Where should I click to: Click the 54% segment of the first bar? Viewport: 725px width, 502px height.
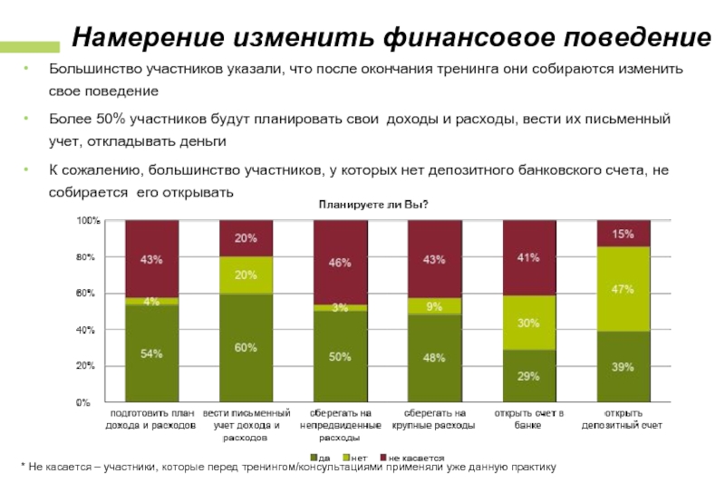(151, 353)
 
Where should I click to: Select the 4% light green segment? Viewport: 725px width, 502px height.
(151, 301)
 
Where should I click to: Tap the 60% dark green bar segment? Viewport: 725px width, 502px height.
(246, 348)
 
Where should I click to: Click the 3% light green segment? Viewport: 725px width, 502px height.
(340, 308)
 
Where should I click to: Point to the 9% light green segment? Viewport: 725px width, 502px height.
(434, 306)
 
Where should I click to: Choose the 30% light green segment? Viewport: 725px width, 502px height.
(528, 323)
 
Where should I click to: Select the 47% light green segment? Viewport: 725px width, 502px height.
(623, 289)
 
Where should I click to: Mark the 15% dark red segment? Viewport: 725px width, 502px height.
(623, 234)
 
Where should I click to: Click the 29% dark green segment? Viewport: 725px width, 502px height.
(528, 375)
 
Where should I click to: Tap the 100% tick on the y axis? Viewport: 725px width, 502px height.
(88, 220)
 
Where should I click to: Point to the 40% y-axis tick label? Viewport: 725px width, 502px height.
(85, 330)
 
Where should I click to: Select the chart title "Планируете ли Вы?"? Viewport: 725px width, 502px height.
(372, 205)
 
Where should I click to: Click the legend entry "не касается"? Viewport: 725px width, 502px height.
(412, 458)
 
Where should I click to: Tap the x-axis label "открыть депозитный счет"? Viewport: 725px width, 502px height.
(623, 420)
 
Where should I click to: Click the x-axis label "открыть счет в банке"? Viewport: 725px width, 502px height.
(528, 420)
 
